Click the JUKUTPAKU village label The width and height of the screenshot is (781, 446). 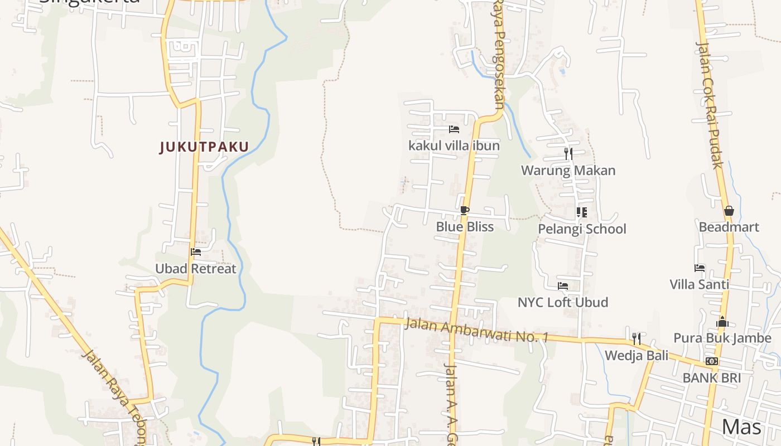[204, 147]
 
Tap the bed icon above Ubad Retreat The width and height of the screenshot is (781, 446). [196, 252]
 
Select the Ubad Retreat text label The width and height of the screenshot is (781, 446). [196, 269]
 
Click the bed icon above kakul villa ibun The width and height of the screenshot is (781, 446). [454, 129]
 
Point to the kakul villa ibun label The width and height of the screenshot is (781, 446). [454, 146]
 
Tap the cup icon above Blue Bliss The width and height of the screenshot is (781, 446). [464, 210]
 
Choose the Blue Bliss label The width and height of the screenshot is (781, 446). [465, 227]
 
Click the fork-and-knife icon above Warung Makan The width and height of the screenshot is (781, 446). [568, 153]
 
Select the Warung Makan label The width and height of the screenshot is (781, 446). [568, 171]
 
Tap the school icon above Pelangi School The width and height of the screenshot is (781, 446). [582, 212]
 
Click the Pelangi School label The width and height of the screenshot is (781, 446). [582, 229]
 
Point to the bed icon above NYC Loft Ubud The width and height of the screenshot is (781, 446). [563, 286]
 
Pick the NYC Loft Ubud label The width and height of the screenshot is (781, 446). [563, 303]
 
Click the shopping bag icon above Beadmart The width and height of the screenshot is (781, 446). [729, 211]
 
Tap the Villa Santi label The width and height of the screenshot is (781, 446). [699, 285]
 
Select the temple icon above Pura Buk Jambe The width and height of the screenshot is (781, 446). [722, 322]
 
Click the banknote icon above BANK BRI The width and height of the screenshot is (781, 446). [711, 361]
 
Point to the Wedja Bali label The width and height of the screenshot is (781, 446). [637, 356]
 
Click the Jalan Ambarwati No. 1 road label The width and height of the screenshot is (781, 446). [477, 330]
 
